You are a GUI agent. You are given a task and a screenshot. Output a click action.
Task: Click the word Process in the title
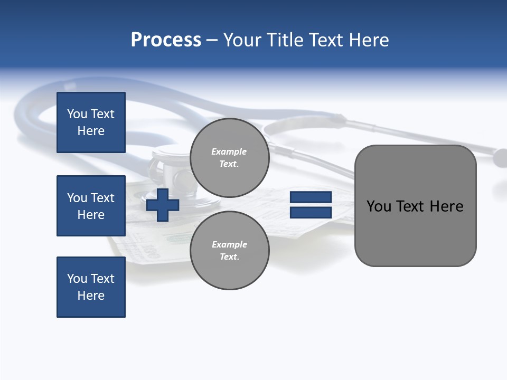[x=166, y=40]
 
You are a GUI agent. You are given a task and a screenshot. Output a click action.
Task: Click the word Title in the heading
[x=286, y=40]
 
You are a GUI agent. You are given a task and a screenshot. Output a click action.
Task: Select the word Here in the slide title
[x=368, y=40]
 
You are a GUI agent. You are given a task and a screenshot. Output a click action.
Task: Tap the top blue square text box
[x=91, y=122]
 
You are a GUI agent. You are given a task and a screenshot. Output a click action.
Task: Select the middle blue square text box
[x=91, y=206]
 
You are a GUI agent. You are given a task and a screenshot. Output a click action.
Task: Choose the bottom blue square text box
[x=91, y=287]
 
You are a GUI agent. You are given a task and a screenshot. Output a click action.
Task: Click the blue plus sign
[x=163, y=205]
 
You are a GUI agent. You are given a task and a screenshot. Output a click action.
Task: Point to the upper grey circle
[x=229, y=158]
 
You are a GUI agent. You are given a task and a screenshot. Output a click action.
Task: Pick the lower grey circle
[x=229, y=251]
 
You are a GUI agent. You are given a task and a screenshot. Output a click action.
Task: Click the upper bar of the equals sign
[x=311, y=197]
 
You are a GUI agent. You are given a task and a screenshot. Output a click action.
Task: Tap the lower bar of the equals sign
[x=311, y=212]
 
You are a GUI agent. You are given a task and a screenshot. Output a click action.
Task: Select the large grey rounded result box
[x=415, y=232]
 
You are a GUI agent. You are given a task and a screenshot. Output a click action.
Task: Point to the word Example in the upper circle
[x=229, y=151]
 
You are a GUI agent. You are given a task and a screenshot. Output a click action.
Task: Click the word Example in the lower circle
[x=229, y=244]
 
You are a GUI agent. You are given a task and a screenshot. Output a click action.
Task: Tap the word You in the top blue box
[x=77, y=114]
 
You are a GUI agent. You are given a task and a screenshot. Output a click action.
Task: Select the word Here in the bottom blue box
[x=91, y=296]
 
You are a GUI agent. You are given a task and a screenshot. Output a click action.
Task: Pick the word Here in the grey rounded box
[x=446, y=206]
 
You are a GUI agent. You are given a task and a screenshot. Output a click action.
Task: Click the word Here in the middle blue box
[x=91, y=215]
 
